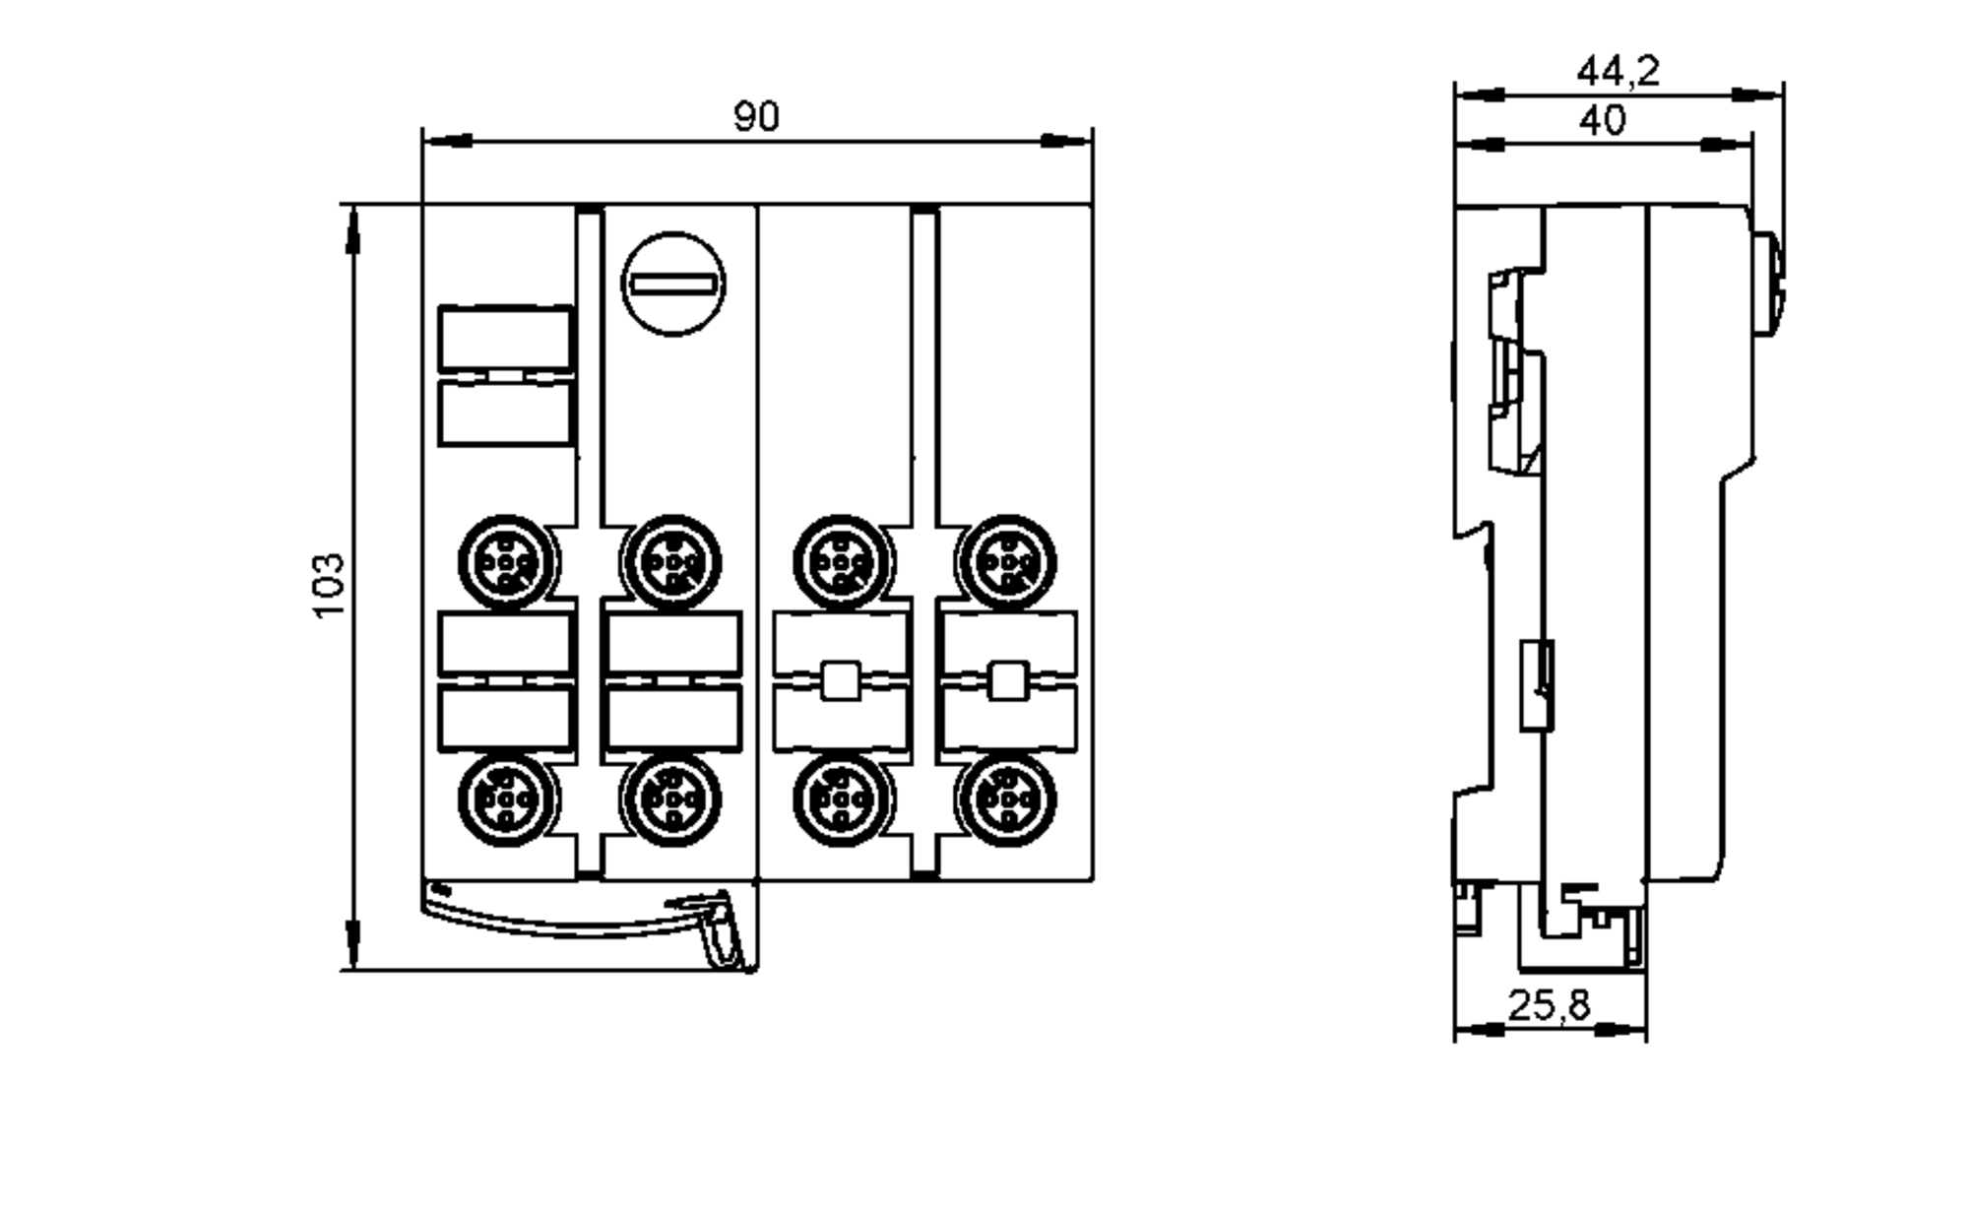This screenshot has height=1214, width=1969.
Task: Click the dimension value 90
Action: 756,117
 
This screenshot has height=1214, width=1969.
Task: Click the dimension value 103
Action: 329,587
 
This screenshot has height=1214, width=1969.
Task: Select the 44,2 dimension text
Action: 1618,71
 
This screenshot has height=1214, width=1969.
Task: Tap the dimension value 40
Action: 1602,121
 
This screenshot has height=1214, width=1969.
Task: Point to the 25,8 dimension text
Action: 1549,1005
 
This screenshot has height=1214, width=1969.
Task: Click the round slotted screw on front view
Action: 673,285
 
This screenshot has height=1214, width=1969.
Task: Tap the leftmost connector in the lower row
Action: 506,799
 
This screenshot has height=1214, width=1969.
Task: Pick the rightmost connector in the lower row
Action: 1006,799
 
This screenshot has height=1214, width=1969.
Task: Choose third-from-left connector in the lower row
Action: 842,799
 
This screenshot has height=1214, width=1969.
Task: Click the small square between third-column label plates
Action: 840,680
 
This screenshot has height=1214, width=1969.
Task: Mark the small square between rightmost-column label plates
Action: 1007,680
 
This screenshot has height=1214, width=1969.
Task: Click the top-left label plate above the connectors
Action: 504,338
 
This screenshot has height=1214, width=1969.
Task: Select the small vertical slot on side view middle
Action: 1538,684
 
